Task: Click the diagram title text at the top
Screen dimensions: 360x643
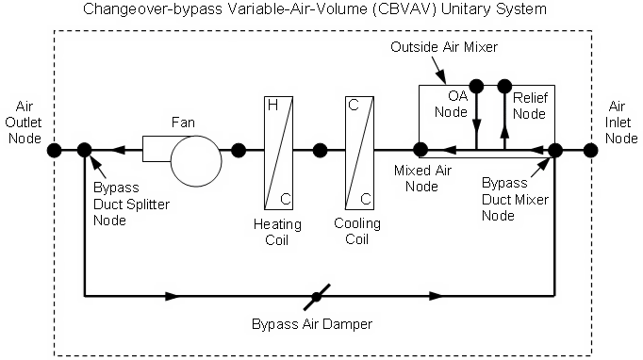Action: click(x=321, y=10)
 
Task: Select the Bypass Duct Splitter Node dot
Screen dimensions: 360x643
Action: click(x=85, y=149)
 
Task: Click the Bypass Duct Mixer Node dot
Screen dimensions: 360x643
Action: click(x=555, y=149)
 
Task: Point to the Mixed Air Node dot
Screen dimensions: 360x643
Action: click(x=420, y=149)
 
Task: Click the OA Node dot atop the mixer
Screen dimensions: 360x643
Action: click(x=476, y=87)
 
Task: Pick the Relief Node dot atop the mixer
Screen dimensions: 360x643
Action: click(x=504, y=87)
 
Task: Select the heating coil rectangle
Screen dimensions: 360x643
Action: click(x=278, y=151)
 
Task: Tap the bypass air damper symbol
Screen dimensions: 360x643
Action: click(x=317, y=296)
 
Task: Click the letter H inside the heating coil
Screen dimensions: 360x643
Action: click(x=272, y=106)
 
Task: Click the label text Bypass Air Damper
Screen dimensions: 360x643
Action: click(x=312, y=324)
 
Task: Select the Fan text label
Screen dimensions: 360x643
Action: click(x=183, y=122)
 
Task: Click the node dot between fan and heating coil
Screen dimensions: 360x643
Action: click(x=239, y=149)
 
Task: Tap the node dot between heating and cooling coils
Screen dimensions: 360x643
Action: click(x=320, y=149)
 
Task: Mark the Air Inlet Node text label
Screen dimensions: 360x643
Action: click(x=617, y=122)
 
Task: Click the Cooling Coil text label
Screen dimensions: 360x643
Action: click(x=358, y=231)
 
